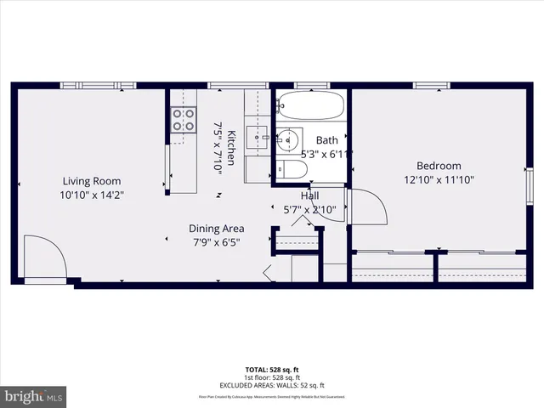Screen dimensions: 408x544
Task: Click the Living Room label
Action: click(91, 181)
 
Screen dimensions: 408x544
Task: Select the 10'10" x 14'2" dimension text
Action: click(92, 195)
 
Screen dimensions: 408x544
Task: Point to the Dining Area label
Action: click(217, 228)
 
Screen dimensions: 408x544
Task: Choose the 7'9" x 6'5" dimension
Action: click(217, 241)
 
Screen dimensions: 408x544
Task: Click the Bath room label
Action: click(326, 140)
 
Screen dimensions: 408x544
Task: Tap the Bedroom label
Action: click(438, 166)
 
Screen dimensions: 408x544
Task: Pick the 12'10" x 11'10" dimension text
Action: click(438, 179)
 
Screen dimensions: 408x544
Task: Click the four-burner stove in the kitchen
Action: click(181, 120)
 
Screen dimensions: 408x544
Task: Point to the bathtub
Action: click(311, 107)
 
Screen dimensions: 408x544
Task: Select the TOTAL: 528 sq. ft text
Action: click(272, 371)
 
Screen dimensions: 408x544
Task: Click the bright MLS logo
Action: click(34, 396)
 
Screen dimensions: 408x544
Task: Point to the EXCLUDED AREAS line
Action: click(272, 385)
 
